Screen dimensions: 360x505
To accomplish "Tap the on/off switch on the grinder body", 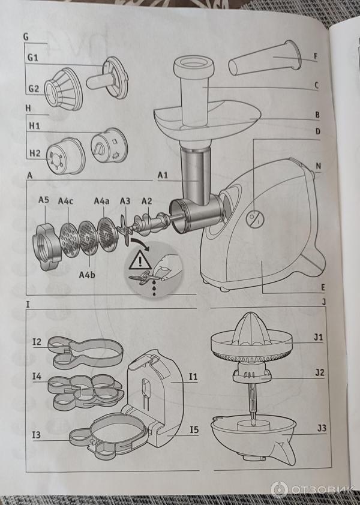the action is pos(255,219).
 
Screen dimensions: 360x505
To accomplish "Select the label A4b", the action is pos(87,275).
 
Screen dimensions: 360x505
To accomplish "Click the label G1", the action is pos(33,58).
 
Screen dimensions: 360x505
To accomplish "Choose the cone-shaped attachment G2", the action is pos(64,88).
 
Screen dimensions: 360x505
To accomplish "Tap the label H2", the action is pos(35,153).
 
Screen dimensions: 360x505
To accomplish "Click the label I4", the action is pos(37,376).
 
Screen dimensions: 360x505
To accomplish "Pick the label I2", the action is pos(37,341).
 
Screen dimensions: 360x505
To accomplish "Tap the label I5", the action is pos(194,429).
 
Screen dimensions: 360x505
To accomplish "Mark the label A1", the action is pos(163,175).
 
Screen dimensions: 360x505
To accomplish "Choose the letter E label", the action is pos(323,288).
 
